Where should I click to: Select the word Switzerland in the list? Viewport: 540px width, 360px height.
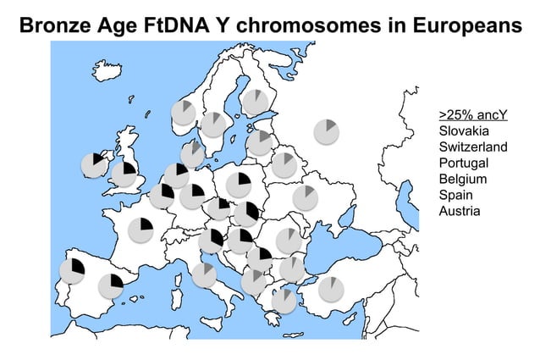(473, 147)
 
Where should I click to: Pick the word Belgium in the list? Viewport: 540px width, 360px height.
(463, 179)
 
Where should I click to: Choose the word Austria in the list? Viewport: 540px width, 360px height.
(460, 210)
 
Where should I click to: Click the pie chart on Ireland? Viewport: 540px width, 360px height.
(94, 165)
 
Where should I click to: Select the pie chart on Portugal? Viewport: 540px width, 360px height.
(73, 271)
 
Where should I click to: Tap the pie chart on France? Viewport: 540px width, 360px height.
(141, 230)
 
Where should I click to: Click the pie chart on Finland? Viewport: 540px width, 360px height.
(255, 102)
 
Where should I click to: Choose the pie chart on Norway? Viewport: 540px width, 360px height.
(183, 112)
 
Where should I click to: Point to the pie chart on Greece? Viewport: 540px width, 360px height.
(284, 300)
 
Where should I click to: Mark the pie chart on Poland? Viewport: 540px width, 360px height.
(238, 185)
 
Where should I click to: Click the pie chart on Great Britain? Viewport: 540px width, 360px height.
(124, 174)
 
